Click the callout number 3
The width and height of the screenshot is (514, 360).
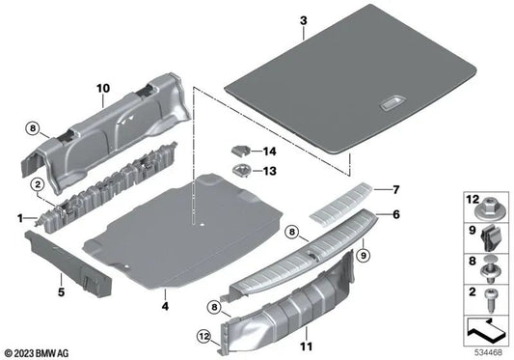pyautogui.click(x=303, y=20)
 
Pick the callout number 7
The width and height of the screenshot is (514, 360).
pyautogui.click(x=393, y=189)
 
